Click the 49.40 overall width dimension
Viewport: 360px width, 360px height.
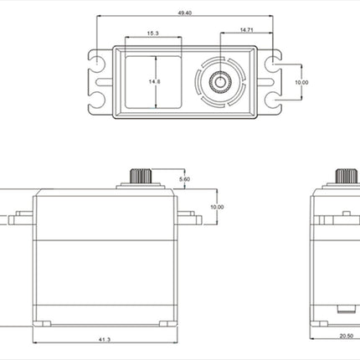(x=185, y=13)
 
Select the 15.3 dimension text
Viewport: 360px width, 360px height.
(x=152, y=33)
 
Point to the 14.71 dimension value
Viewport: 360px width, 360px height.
(x=246, y=29)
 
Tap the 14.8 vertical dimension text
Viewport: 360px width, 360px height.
(x=155, y=82)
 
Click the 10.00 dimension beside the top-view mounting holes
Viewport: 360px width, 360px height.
(x=301, y=82)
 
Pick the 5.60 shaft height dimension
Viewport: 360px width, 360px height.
(x=184, y=179)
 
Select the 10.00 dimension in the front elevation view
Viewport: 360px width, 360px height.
(x=217, y=207)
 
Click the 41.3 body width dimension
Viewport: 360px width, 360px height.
(x=105, y=339)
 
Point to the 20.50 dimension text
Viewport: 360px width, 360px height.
(x=347, y=336)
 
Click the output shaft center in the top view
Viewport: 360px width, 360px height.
(x=220, y=82)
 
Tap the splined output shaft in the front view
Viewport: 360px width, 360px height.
(x=141, y=176)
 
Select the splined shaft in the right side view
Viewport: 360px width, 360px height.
(x=347, y=176)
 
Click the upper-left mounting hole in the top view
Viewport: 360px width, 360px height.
(x=96, y=60)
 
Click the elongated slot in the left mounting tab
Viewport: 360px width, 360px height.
(x=104, y=82)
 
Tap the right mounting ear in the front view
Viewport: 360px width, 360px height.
(x=189, y=218)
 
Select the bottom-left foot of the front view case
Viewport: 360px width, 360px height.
(x=42, y=324)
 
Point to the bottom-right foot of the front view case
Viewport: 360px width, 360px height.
(x=168, y=324)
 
